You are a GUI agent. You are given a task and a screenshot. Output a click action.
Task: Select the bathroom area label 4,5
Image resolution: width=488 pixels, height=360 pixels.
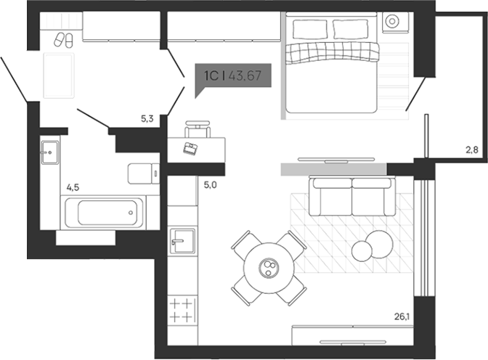[x=73, y=187]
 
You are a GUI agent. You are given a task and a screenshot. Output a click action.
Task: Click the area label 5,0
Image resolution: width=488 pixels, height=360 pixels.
[x=210, y=185]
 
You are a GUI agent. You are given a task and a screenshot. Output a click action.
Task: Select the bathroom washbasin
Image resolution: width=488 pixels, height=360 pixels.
[x=50, y=152]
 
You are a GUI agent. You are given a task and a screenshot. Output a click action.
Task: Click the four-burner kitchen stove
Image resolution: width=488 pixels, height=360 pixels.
[x=182, y=309]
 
